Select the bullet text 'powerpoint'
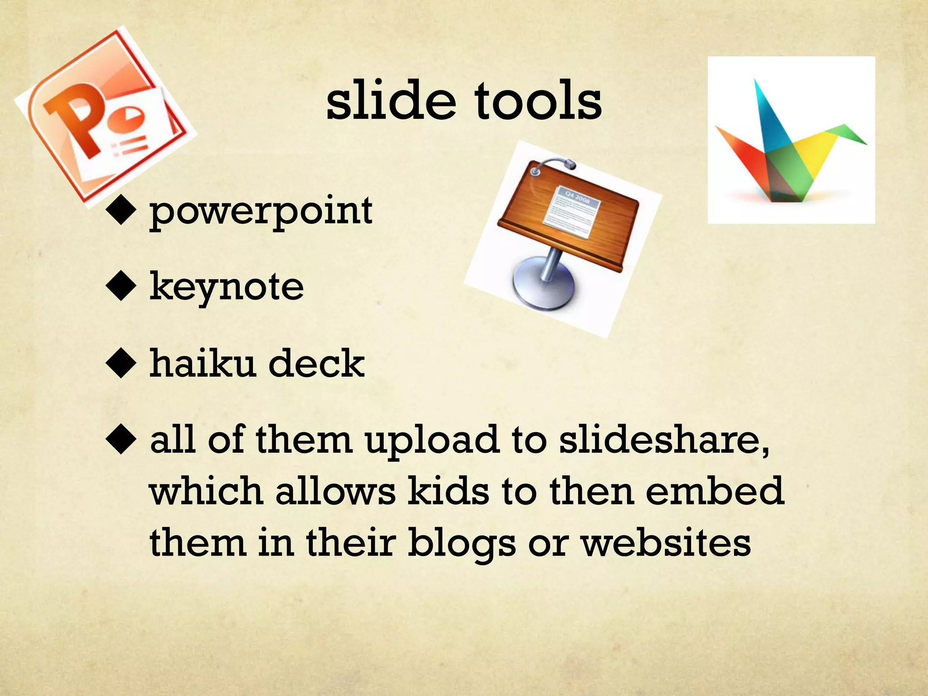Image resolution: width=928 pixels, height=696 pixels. click(x=261, y=211)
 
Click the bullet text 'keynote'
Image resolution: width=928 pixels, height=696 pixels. click(x=227, y=287)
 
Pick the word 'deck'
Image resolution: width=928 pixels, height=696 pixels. click(x=317, y=363)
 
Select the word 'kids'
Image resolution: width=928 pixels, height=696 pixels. click(x=448, y=491)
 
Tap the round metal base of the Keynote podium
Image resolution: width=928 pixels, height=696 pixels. click(x=544, y=285)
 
